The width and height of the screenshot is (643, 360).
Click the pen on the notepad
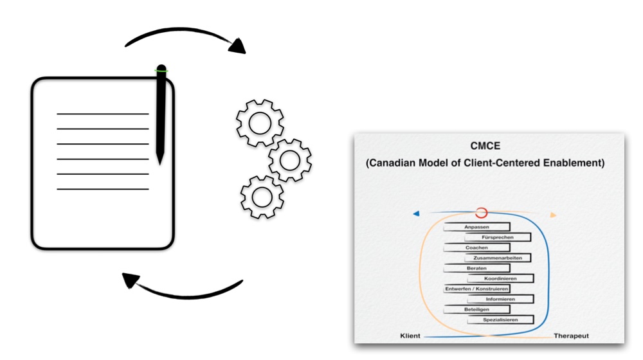click(161, 113)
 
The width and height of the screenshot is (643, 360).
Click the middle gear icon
click(290, 160)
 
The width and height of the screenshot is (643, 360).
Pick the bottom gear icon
click(262, 197)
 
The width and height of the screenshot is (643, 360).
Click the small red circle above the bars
click(482, 213)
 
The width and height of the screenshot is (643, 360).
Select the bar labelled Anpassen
click(476, 227)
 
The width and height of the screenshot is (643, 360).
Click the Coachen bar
click(477, 248)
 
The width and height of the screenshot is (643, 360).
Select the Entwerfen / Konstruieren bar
click(477, 289)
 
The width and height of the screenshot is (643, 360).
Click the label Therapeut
click(571, 336)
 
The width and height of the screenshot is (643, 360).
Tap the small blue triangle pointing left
click(417, 213)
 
